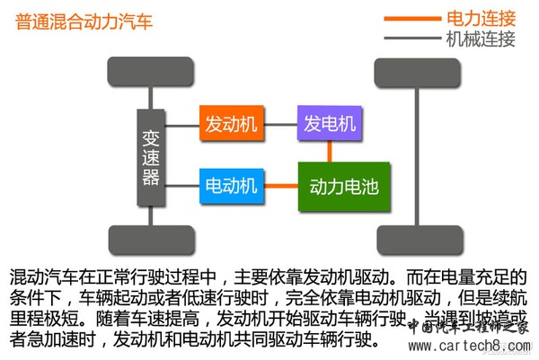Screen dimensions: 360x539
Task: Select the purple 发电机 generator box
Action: (330, 123)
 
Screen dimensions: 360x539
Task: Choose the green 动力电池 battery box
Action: (343, 186)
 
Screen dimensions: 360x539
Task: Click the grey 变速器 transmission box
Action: (150, 154)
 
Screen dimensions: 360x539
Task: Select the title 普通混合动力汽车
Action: (84, 21)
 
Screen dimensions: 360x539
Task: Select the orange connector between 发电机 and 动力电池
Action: (330, 150)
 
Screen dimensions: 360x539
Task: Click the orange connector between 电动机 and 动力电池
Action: (283, 186)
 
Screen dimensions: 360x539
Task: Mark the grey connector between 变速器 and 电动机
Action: (182, 186)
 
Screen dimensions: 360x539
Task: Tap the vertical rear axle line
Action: (417, 154)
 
